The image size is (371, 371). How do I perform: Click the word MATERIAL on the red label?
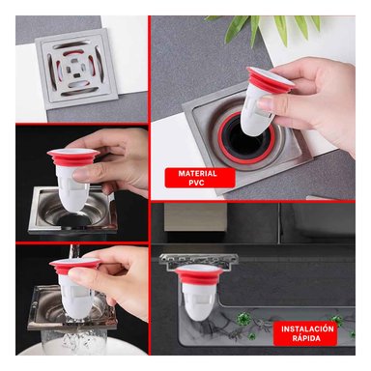(x=191, y=174)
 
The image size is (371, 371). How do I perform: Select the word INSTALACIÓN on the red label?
(x=308, y=328)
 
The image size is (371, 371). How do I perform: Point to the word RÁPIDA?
(x=308, y=340)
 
